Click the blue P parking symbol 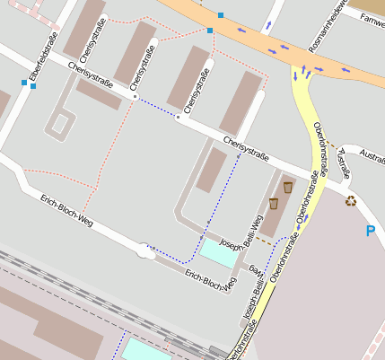click(x=370, y=232)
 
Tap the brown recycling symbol click(x=351, y=201)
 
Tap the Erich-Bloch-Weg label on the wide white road click(x=66, y=207)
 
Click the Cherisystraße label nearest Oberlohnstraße click(x=246, y=150)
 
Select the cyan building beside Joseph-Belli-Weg click(x=220, y=252)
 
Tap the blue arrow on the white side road click(x=268, y=26)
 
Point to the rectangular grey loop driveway click(x=61, y=123)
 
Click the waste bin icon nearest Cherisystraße click(x=287, y=187)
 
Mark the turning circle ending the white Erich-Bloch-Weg click(x=144, y=253)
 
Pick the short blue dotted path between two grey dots click(x=156, y=107)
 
